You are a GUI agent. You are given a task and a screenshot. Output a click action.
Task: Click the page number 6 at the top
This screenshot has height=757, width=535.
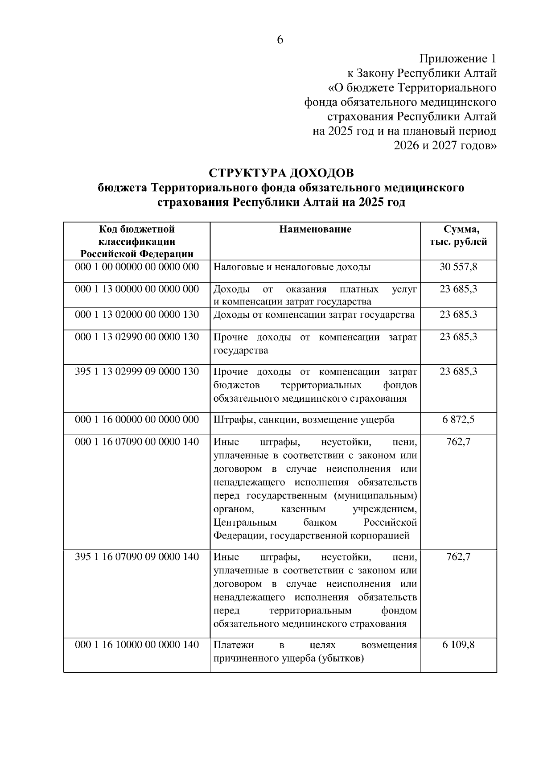coord(280,40)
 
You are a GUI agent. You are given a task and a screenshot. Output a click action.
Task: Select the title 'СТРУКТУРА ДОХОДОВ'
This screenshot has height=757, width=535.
coord(281,173)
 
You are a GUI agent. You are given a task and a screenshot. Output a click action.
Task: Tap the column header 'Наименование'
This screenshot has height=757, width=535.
coord(315,229)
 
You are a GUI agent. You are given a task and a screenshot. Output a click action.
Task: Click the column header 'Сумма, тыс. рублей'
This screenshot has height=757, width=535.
coord(458,235)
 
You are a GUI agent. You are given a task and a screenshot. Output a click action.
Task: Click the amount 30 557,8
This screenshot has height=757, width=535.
coord(458,267)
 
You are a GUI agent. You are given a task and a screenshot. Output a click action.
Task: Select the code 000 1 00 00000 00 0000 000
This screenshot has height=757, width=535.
coord(137,267)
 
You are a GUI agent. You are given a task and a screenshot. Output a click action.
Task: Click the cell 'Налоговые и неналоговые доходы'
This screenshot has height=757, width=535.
coord(292,267)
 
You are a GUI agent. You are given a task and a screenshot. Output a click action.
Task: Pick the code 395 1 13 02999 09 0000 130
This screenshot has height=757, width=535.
coord(137,371)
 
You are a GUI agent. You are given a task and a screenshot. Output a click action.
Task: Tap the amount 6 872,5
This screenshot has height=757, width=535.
coord(458,420)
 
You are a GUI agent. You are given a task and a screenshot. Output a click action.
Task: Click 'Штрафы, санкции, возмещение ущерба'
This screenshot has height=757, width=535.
coord(304,420)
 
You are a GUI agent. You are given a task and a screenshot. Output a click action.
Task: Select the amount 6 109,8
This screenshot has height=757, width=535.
coord(458,645)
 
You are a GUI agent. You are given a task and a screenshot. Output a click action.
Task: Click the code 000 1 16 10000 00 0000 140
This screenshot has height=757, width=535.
coord(137,645)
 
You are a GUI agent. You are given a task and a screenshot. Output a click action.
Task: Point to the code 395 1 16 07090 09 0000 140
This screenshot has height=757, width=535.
coord(137,557)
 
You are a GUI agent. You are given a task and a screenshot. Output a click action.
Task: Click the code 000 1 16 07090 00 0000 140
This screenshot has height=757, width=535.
coord(137,442)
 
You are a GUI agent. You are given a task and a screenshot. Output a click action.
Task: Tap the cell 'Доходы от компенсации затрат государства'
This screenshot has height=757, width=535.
coord(314,315)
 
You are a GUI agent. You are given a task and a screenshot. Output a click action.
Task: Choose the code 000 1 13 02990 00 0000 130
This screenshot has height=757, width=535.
coord(137,337)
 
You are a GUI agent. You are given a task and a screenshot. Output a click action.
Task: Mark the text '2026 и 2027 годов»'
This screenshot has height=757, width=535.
coord(445,145)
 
